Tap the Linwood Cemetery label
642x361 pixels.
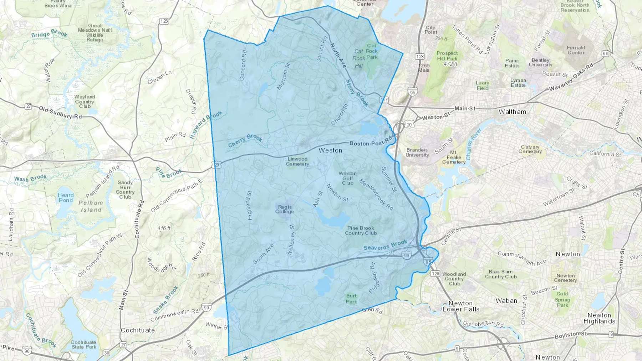click(x=297, y=161)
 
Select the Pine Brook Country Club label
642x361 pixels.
click(x=361, y=231)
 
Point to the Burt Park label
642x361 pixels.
click(x=351, y=299)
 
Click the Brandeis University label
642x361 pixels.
click(x=417, y=153)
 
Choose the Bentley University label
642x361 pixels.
click(x=540, y=62)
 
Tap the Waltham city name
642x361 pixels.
click(x=512, y=112)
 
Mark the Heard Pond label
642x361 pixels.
click(x=66, y=197)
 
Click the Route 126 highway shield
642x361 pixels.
click(x=164, y=21)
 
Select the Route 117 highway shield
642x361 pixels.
click(x=384, y=100)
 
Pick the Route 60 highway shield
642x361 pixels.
click(x=605, y=53)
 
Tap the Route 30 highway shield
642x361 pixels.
click(x=106, y=353)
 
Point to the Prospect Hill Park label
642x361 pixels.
click(x=447, y=58)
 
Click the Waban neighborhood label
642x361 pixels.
click(x=506, y=300)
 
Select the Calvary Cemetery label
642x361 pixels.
click(x=530, y=149)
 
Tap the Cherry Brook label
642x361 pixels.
click(x=245, y=140)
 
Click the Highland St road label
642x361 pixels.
click(x=249, y=205)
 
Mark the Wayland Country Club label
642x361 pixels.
click(x=85, y=102)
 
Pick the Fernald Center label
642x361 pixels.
click(x=576, y=50)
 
